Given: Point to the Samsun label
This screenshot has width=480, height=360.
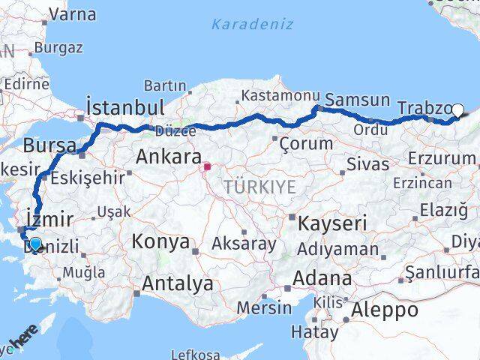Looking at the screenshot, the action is point(358,100).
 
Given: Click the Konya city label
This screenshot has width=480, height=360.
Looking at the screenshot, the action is point(160,241).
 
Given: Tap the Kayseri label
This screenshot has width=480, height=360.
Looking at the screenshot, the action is point(332,223).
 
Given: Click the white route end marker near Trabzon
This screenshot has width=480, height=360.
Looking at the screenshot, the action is point(458,109).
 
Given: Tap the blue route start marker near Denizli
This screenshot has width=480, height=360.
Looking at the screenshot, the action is point(34,243).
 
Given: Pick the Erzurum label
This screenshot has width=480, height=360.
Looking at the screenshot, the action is point(442,158).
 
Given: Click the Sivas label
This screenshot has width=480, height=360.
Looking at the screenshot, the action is point(368,163).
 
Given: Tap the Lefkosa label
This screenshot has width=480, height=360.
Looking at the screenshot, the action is point(196,354).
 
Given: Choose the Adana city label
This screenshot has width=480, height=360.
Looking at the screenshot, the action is point(323,278).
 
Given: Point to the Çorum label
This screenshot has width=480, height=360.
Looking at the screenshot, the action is point(305,142).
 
